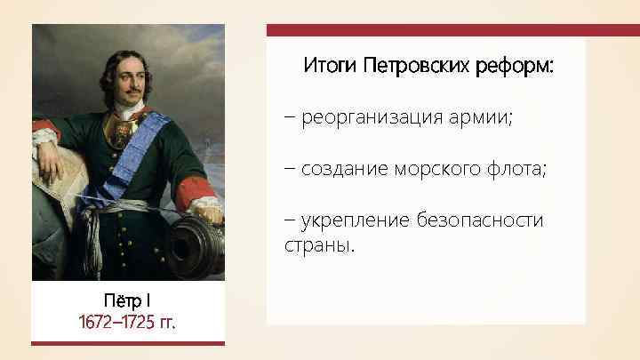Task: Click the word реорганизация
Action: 373,117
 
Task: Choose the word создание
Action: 341,169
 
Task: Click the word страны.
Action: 318,244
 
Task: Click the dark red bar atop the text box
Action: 452,30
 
